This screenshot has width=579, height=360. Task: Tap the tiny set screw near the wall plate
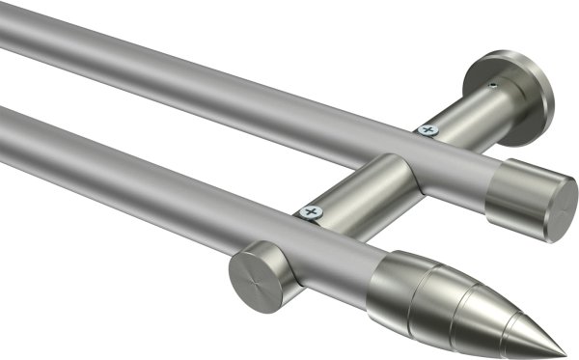494,86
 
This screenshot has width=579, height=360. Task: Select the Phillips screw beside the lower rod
310,209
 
